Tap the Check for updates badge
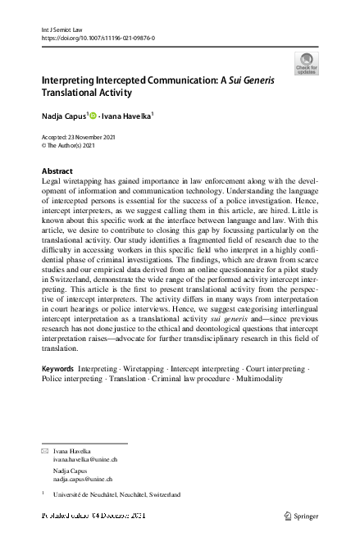[306, 62]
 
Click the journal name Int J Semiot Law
[62, 29]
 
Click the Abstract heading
[57, 171]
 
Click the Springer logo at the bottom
[300, 515]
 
